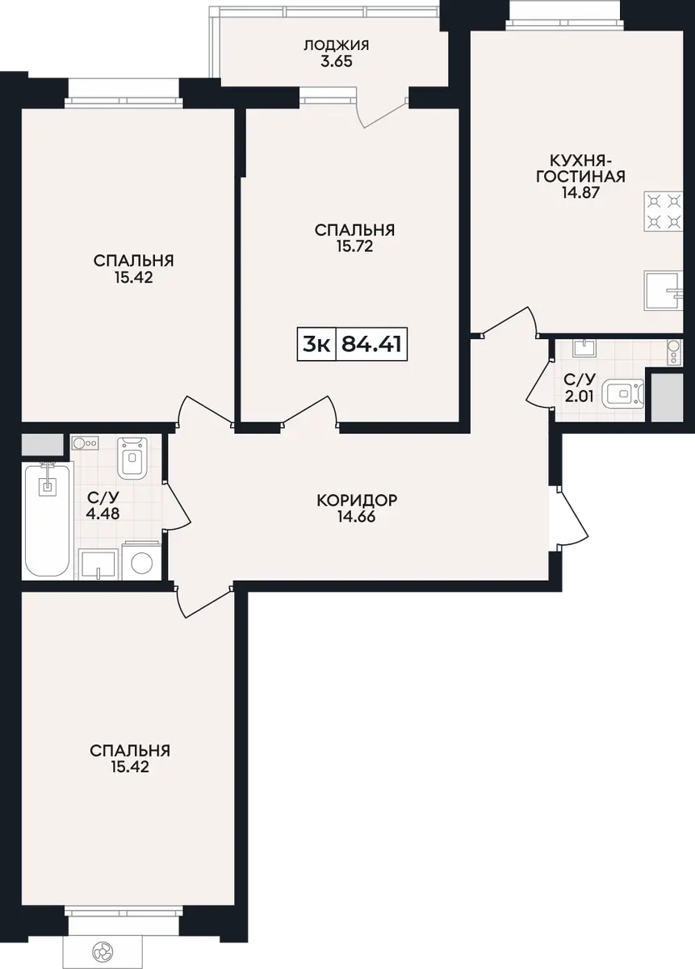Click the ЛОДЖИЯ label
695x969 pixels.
point(337,45)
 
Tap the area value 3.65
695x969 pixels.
point(337,61)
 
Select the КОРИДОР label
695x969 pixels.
point(357,501)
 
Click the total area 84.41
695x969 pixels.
point(372,345)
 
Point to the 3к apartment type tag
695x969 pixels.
point(316,345)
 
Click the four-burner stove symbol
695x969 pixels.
point(664,211)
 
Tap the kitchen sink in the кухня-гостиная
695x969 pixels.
point(664,290)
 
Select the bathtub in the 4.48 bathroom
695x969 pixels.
point(48,519)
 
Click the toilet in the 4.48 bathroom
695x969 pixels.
point(132,458)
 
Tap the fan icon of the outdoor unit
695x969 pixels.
point(103,950)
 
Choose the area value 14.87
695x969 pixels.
point(580,192)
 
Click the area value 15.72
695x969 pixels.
point(354,246)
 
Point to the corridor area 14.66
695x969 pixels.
point(357,517)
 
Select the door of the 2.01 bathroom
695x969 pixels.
point(539,384)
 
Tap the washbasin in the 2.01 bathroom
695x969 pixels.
point(584,348)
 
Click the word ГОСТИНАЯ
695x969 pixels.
point(581,177)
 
